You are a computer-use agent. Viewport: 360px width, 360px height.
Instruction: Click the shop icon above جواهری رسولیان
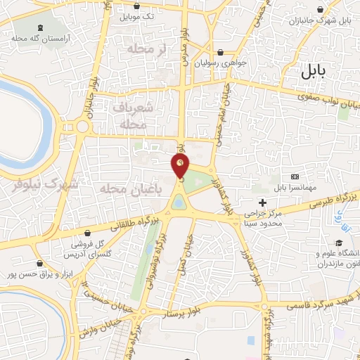221,52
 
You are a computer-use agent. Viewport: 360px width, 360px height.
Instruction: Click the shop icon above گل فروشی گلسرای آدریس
87,233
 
